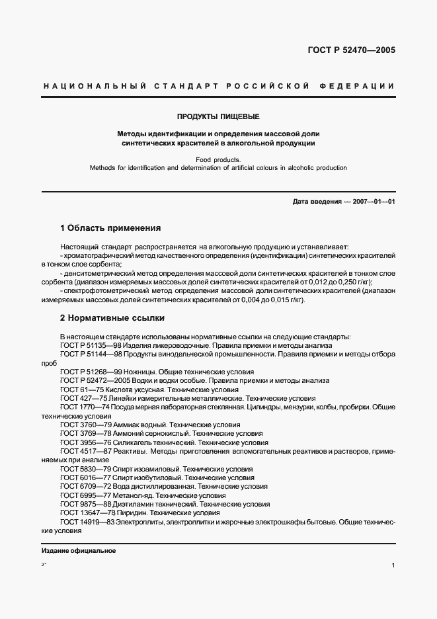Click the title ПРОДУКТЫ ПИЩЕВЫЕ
[218, 114]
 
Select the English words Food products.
[218, 159]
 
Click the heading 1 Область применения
[110, 228]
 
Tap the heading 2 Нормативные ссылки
[112, 318]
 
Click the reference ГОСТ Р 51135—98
[89, 345]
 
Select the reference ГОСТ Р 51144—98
[89, 354]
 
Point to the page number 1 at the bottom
[393, 566]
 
